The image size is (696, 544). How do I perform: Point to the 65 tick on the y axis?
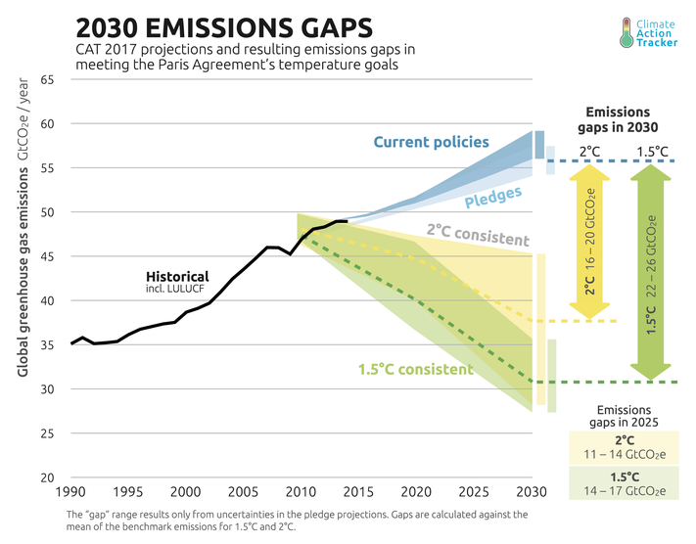[x=47, y=80]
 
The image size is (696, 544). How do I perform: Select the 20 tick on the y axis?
[x=47, y=478]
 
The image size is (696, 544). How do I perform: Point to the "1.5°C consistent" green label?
[x=416, y=370]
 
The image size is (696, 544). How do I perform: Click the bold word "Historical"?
[x=178, y=277]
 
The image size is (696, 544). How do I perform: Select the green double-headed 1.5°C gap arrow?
[x=648, y=271]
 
